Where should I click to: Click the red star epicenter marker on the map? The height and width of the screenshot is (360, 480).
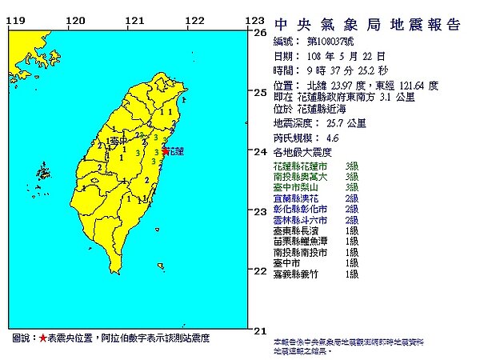(166, 150)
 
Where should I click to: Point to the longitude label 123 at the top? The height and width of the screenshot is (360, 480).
(254, 21)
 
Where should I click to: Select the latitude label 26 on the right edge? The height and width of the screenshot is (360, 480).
(259, 33)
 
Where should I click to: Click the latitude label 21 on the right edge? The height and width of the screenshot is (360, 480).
(259, 330)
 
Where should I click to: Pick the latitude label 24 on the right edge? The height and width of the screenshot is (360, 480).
(259, 152)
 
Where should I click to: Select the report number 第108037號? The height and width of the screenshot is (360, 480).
(323, 42)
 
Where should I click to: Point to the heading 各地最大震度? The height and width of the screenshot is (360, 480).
(302, 151)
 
